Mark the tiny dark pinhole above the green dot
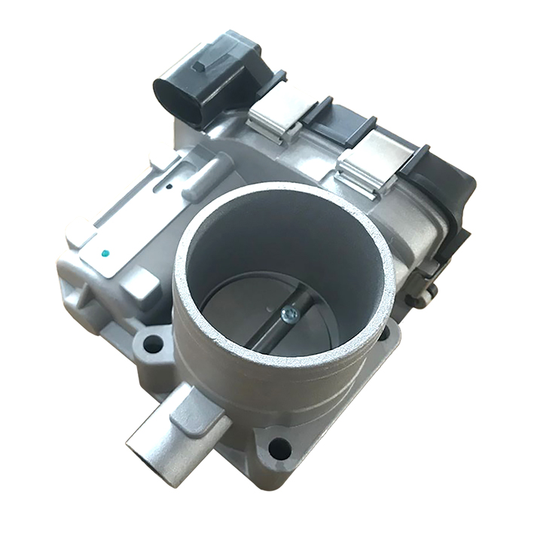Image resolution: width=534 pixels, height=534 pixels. (169, 185)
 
